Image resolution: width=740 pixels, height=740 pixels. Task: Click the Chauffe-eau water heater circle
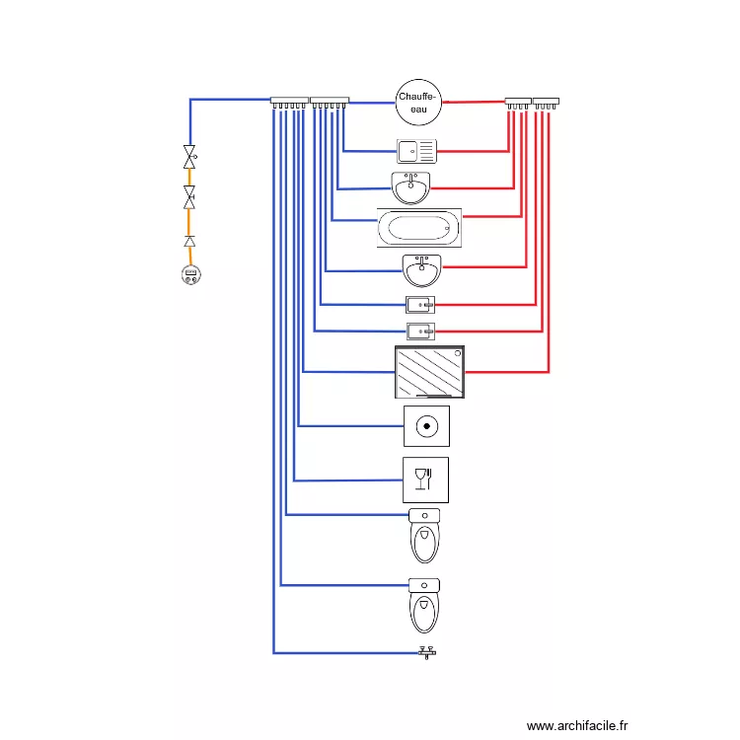418,103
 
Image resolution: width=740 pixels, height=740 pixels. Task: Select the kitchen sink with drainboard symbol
416,152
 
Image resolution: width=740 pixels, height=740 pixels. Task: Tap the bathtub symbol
419,228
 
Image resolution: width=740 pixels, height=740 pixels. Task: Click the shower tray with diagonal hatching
429,372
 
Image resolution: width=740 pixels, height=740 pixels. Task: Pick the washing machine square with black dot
426,426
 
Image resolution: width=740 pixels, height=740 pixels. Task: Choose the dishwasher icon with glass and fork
425,480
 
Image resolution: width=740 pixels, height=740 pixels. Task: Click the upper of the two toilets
424,536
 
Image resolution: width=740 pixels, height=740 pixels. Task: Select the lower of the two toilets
424,606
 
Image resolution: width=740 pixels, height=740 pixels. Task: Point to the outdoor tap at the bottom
427,653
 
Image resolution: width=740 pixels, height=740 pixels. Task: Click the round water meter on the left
191,274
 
